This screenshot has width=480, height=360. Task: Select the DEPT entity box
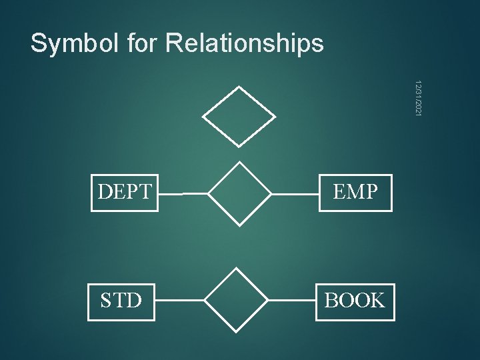click(125, 193)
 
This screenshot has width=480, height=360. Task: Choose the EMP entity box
click(355, 193)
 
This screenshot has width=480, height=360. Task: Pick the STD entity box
click(121, 301)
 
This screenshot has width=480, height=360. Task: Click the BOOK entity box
click(355, 301)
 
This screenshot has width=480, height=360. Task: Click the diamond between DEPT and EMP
click(239, 194)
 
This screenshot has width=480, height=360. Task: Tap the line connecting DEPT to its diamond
click(183, 194)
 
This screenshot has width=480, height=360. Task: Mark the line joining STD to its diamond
click(179, 301)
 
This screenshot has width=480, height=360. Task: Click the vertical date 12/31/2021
click(417, 100)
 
